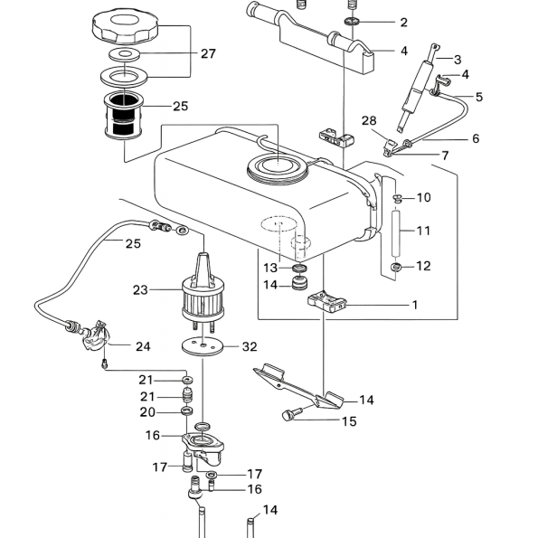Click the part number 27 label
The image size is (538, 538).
[208, 54]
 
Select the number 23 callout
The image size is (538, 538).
[140, 290]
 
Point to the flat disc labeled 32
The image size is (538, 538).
[203, 347]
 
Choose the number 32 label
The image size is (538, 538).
[250, 346]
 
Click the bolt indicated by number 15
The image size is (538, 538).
[291, 413]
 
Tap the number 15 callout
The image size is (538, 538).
[349, 421]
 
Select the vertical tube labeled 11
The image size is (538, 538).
[396, 234]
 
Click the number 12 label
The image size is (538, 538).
[423, 266]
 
